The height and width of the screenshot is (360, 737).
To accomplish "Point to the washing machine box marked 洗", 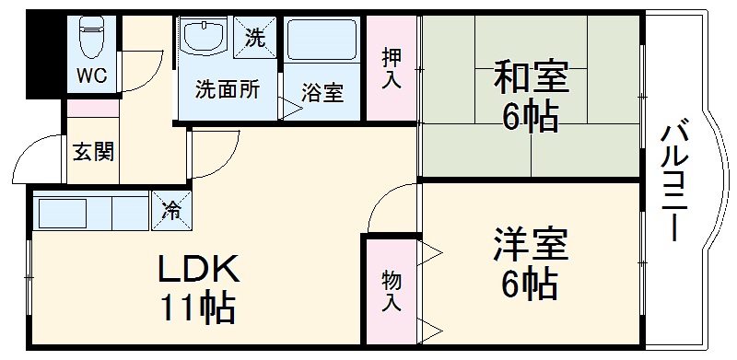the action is pos(255,38).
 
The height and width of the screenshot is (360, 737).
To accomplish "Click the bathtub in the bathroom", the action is pos(322,41).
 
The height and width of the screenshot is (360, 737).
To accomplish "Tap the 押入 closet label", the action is pos(392,68).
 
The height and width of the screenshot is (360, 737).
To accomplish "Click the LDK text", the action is pos(198,269).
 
